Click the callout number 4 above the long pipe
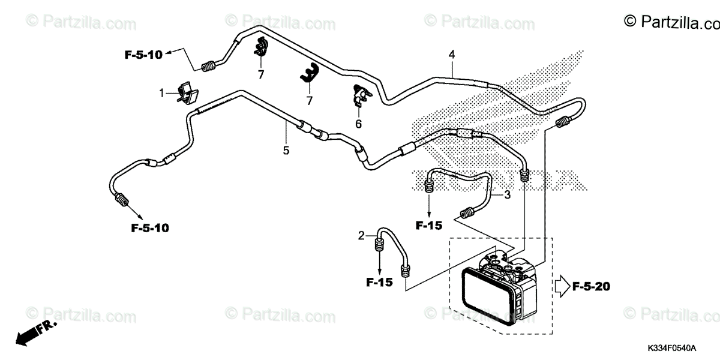coord(451,55)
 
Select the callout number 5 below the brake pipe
coord(286,150)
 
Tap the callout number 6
coord(358,124)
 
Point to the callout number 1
coord(161,93)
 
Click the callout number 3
coord(507,194)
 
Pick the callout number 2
coord(361,235)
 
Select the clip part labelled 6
coord(360,95)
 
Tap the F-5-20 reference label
coord(591,287)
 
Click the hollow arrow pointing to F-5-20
coord(561,287)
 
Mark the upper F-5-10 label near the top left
coord(143,55)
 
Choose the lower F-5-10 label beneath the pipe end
coord(149,228)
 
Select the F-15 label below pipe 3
coord(428,226)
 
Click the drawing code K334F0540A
coord(671,349)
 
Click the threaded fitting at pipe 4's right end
coord(562,123)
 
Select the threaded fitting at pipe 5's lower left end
coord(122,199)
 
